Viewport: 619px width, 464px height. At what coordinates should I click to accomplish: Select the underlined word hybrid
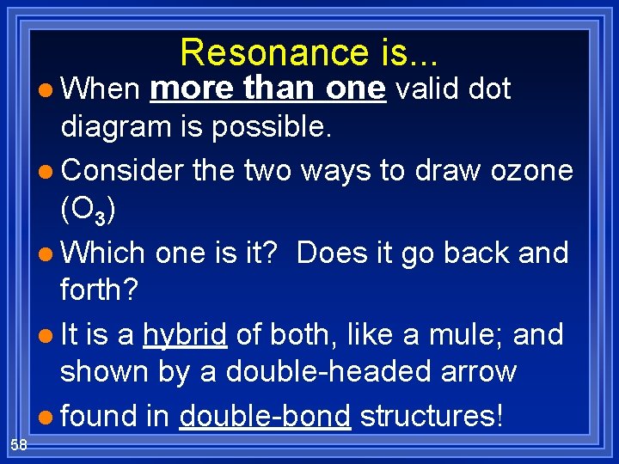(185, 335)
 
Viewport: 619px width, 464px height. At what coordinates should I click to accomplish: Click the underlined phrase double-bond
(265, 416)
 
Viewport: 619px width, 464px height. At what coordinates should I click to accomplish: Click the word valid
(425, 89)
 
